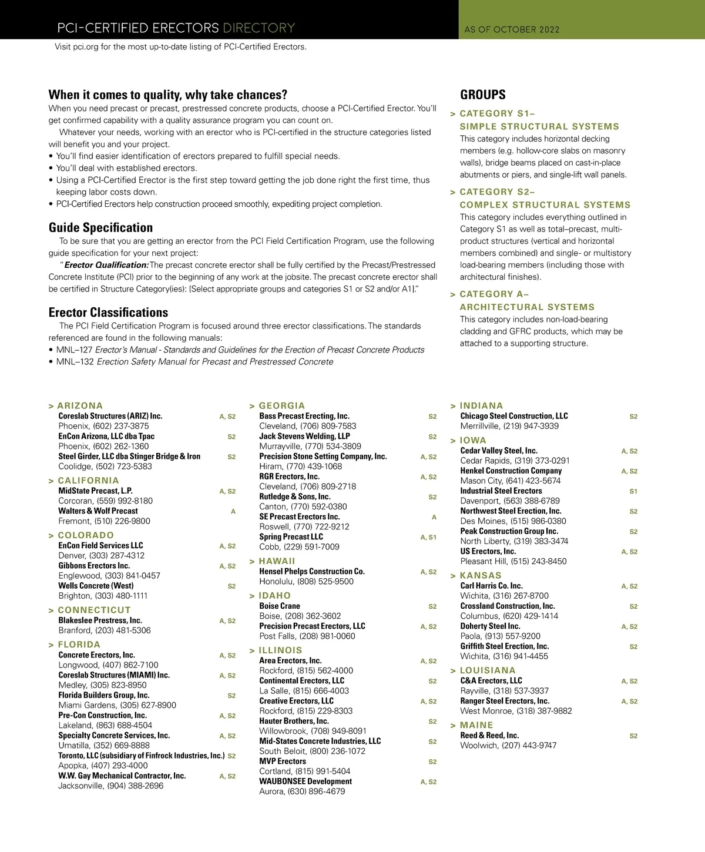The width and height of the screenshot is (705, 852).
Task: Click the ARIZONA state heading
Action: point(80,406)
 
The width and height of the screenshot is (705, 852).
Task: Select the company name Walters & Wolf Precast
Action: point(98,511)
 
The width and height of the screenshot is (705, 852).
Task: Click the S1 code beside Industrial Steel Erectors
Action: point(633,491)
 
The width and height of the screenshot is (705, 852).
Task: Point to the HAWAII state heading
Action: point(277,561)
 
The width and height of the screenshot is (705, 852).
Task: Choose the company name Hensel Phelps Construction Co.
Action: point(312,571)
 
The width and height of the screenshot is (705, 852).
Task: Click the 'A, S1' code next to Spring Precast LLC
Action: point(428,538)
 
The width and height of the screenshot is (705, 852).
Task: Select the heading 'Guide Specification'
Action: point(100,227)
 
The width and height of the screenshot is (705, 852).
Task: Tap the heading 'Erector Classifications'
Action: point(108,313)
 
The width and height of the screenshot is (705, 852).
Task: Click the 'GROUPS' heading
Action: point(482,95)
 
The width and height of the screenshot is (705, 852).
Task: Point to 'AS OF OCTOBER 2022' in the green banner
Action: point(512,29)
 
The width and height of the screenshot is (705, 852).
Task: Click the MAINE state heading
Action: point(476,725)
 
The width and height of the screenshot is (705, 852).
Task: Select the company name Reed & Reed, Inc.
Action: point(489,736)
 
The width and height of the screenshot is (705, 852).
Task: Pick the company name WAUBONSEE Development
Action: point(305,781)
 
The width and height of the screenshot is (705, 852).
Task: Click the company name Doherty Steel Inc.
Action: point(490,626)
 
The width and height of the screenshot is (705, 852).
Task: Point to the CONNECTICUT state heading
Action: point(94,611)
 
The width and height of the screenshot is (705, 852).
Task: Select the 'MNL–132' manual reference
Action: point(75,362)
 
